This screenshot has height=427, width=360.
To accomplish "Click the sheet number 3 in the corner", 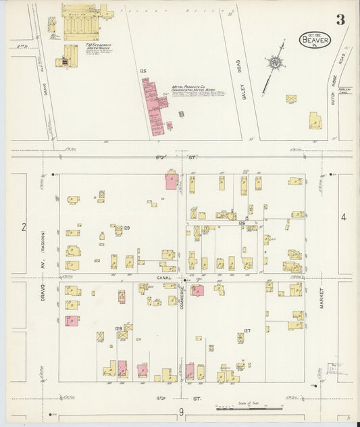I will [340, 20].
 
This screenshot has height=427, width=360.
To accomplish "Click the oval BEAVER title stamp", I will [316, 41].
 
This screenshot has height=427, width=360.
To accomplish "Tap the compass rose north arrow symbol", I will [275, 65].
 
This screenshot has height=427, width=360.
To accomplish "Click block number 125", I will [143, 70].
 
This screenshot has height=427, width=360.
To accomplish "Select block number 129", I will [126, 228].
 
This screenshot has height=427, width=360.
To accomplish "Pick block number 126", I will [241, 222].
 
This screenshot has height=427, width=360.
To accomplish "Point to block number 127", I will [247, 330].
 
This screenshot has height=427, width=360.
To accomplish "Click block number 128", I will [119, 328].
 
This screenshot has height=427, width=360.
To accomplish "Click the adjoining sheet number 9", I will [181, 411].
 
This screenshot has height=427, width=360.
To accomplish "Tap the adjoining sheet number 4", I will [343, 217].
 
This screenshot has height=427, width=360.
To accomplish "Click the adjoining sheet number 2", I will [23, 227].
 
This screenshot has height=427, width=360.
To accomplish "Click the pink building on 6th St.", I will [172, 181].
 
